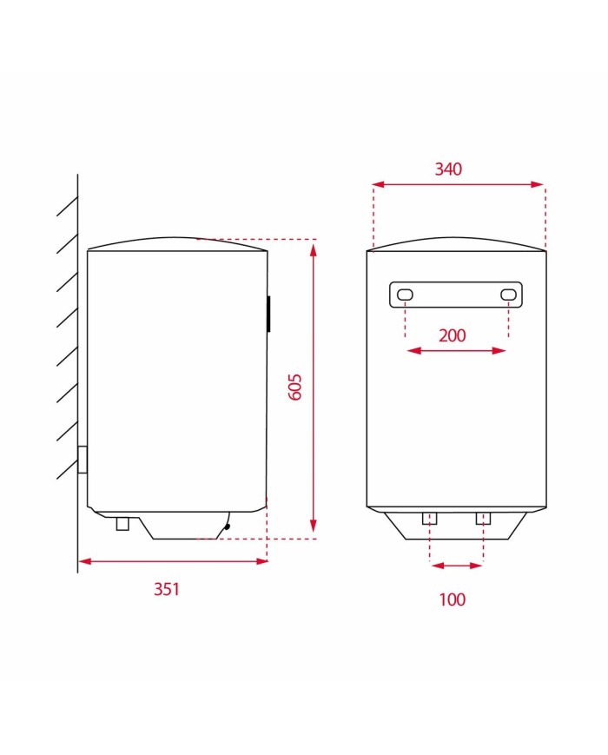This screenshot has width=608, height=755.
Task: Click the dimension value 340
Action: pyautogui.click(x=448, y=169)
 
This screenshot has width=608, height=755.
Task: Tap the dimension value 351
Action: pyautogui.click(x=166, y=589)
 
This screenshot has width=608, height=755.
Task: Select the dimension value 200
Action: pyautogui.click(x=452, y=335)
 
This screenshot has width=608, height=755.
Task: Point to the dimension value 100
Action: pyautogui.click(x=452, y=599)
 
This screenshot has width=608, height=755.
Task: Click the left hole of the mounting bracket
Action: pyautogui.click(x=406, y=296)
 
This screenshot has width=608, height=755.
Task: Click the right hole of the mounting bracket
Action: pyautogui.click(x=508, y=296)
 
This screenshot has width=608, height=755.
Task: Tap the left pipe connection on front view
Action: pyautogui.click(x=430, y=519)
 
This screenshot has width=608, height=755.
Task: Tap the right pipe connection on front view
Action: pyautogui.click(x=483, y=519)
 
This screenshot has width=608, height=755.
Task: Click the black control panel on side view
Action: pyautogui.click(x=268, y=313)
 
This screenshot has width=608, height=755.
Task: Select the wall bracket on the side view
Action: pyautogui.click(x=83, y=459)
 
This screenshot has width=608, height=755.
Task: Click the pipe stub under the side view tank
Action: pyautogui.click(x=122, y=523)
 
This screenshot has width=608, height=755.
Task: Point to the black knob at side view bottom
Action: pyautogui.click(x=227, y=524)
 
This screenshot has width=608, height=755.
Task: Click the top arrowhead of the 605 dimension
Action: pyautogui.click(x=314, y=248)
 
